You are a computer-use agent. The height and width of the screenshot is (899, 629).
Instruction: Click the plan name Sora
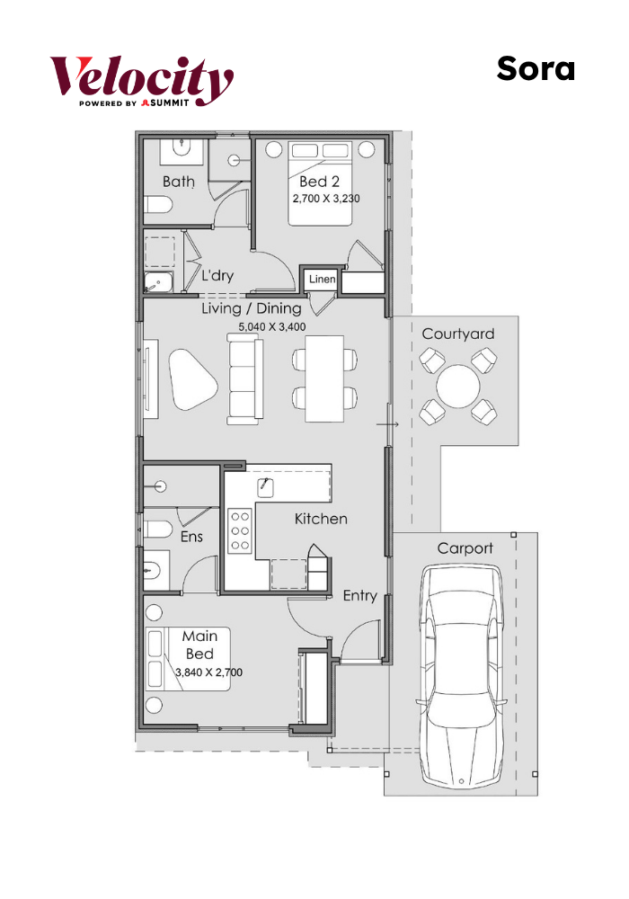[x=536, y=69]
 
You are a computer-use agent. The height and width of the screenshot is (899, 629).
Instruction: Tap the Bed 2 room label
[x=319, y=182]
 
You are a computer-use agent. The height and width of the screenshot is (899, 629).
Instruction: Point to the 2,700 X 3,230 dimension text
[x=326, y=199]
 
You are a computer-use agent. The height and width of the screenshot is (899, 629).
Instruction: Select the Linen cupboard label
[x=322, y=280]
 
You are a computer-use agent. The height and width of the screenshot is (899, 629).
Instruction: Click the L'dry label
[x=217, y=275]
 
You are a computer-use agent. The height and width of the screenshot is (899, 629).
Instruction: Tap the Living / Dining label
[x=252, y=308]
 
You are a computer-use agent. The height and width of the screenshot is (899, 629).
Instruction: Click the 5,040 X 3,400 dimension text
[x=272, y=327]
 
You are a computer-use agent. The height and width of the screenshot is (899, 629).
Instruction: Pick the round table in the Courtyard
[x=457, y=386]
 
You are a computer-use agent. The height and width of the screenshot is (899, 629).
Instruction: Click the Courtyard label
[x=457, y=334]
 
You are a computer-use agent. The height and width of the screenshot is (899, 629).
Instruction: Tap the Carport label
[x=465, y=548]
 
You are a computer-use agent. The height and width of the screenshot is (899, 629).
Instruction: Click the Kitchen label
[x=321, y=519]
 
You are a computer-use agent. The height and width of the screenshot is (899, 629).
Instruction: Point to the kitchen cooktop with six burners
[x=240, y=530]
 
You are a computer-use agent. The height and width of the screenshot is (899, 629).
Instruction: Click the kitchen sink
[x=265, y=487]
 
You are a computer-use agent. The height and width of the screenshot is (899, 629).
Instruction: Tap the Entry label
[x=359, y=596]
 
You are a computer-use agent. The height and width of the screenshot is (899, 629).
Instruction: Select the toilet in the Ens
[x=157, y=530]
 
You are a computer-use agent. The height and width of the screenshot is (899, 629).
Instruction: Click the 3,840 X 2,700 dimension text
[x=209, y=672]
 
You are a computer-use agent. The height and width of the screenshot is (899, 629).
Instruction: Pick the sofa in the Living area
[x=245, y=379]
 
